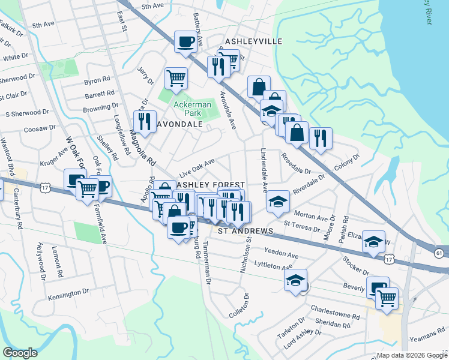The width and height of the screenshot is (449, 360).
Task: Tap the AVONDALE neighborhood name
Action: [179, 124]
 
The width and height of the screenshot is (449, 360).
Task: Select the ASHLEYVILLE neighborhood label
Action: [253, 41]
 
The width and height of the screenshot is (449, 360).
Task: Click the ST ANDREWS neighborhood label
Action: [245, 230]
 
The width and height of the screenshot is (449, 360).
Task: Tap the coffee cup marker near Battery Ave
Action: [185, 42]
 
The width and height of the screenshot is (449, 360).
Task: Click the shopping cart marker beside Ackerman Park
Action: [176, 78]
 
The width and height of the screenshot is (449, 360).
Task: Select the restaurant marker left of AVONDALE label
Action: [144, 122]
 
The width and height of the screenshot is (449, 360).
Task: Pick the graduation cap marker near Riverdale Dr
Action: [278, 201]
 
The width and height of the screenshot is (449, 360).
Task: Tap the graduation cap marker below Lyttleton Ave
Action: [295, 280]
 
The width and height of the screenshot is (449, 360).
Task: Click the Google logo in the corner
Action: [20, 353]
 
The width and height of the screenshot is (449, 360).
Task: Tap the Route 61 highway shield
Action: [440, 253]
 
